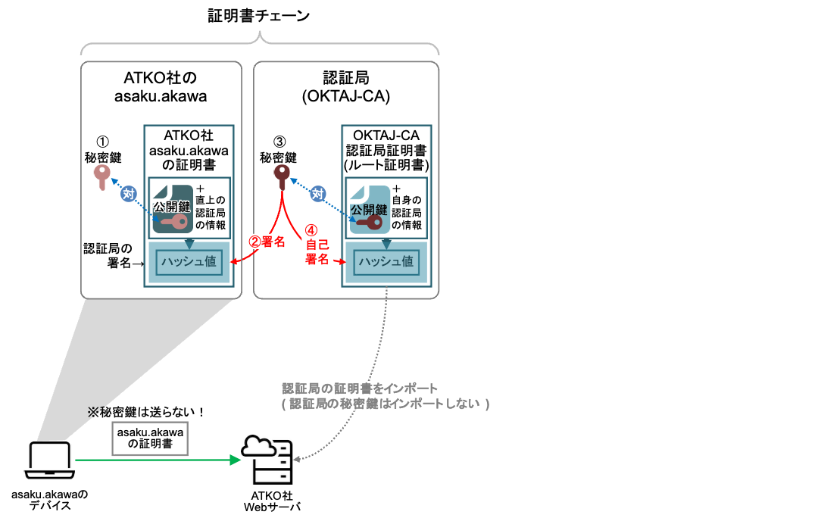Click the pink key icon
click(x=101, y=176)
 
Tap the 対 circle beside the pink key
click(x=129, y=194)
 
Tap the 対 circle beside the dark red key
click(x=318, y=194)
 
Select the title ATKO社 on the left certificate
click(x=189, y=136)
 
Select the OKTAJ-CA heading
click(x=386, y=136)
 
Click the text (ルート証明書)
click(x=386, y=165)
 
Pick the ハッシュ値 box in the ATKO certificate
click(x=189, y=262)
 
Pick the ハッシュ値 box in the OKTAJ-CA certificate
click(x=386, y=262)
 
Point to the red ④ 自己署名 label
click(x=317, y=244)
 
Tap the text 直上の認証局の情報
click(x=211, y=212)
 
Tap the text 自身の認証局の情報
click(x=407, y=212)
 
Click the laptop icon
click(x=49, y=460)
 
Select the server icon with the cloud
click(x=267, y=459)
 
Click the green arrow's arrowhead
click(x=235, y=460)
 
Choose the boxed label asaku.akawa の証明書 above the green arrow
click(x=151, y=438)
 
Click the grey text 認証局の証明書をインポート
click(x=360, y=388)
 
